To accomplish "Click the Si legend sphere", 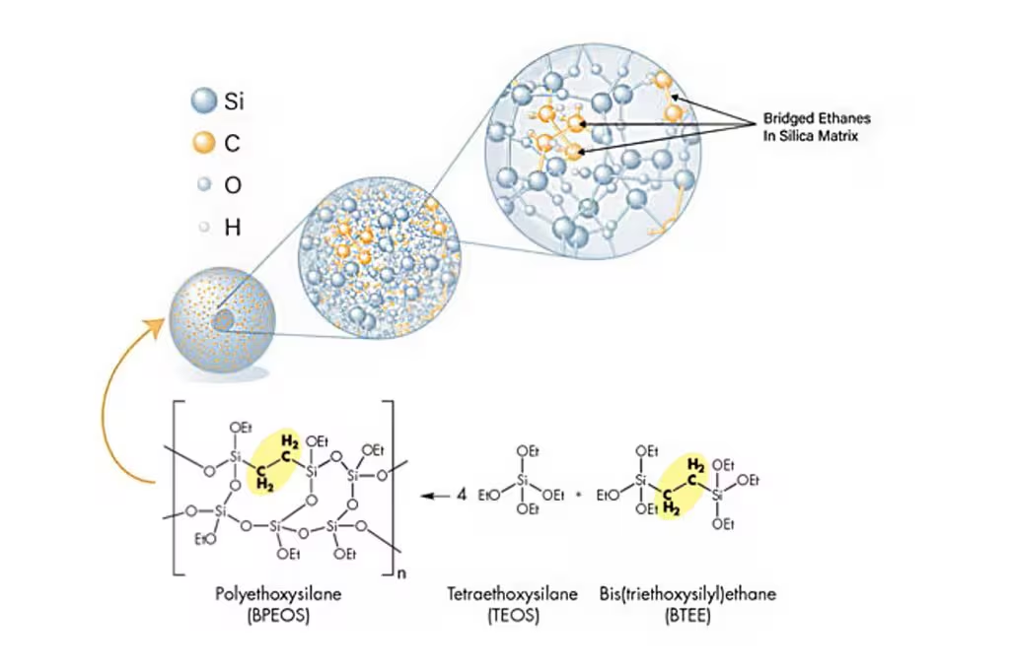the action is coord(203,101).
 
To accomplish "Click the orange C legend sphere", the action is coord(203,142).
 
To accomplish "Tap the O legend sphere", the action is coord(204,184).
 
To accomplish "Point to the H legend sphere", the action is coord(204,227).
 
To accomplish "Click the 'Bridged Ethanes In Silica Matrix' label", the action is coord(817,127).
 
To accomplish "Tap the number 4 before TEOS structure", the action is coord(462,496).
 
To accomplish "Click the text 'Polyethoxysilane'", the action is coord(278,593).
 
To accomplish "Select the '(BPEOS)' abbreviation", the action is coord(278,616).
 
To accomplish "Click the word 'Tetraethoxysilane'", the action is coord(513,593).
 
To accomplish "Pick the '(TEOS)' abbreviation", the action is coord(513,616).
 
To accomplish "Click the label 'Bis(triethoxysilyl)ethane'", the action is coord(687,593).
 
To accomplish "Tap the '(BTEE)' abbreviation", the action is coord(687,616).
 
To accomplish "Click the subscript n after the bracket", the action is coord(401,572).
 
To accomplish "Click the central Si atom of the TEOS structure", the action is coord(523,480).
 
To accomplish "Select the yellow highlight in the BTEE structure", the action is coord(685,488).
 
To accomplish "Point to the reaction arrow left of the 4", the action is coord(435,497).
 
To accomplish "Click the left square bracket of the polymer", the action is coord(175,488).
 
